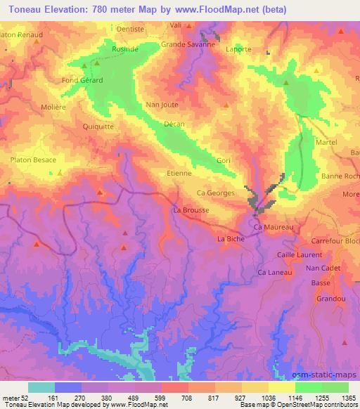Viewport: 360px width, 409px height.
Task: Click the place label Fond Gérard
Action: pyautogui.click(x=83, y=80)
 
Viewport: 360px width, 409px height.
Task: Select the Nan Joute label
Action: pyautogui.click(x=162, y=105)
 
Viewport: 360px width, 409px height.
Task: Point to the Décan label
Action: pyautogui.click(x=174, y=124)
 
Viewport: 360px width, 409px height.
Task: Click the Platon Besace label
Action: pyautogui.click(x=33, y=160)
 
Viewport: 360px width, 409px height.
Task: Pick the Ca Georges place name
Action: pyautogui.click(x=215, y=193)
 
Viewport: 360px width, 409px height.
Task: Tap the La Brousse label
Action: pyautogui.click(x=191, y=210)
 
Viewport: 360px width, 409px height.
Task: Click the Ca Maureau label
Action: pyautogui.click(x=276, y=228)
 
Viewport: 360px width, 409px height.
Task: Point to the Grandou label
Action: pyautogui.click(x=330, y=299)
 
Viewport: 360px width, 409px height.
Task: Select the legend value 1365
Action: pyautogui.click(x=349, y=397)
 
